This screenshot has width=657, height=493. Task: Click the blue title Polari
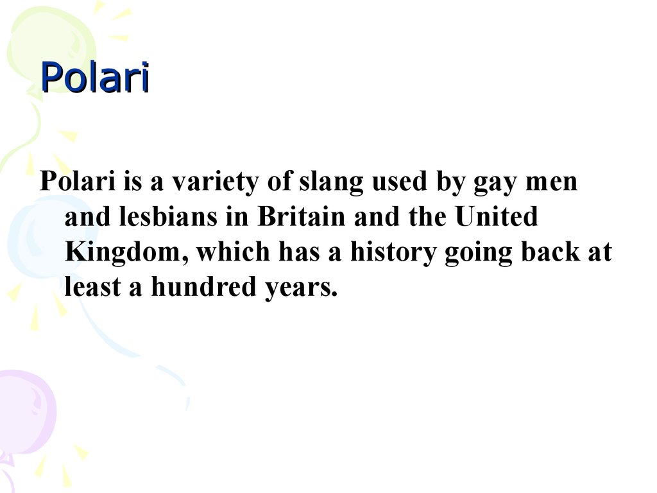95,77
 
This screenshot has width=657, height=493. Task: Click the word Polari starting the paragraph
78,181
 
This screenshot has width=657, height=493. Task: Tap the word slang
331,183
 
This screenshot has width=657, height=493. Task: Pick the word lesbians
168,216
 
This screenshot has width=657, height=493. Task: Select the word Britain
302,216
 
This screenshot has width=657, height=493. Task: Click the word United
497,216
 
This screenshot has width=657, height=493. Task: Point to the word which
234,252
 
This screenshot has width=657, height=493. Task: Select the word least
93,287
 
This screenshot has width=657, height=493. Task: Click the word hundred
203,287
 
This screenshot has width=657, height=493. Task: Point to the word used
400,182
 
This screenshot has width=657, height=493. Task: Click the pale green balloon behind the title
50,50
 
